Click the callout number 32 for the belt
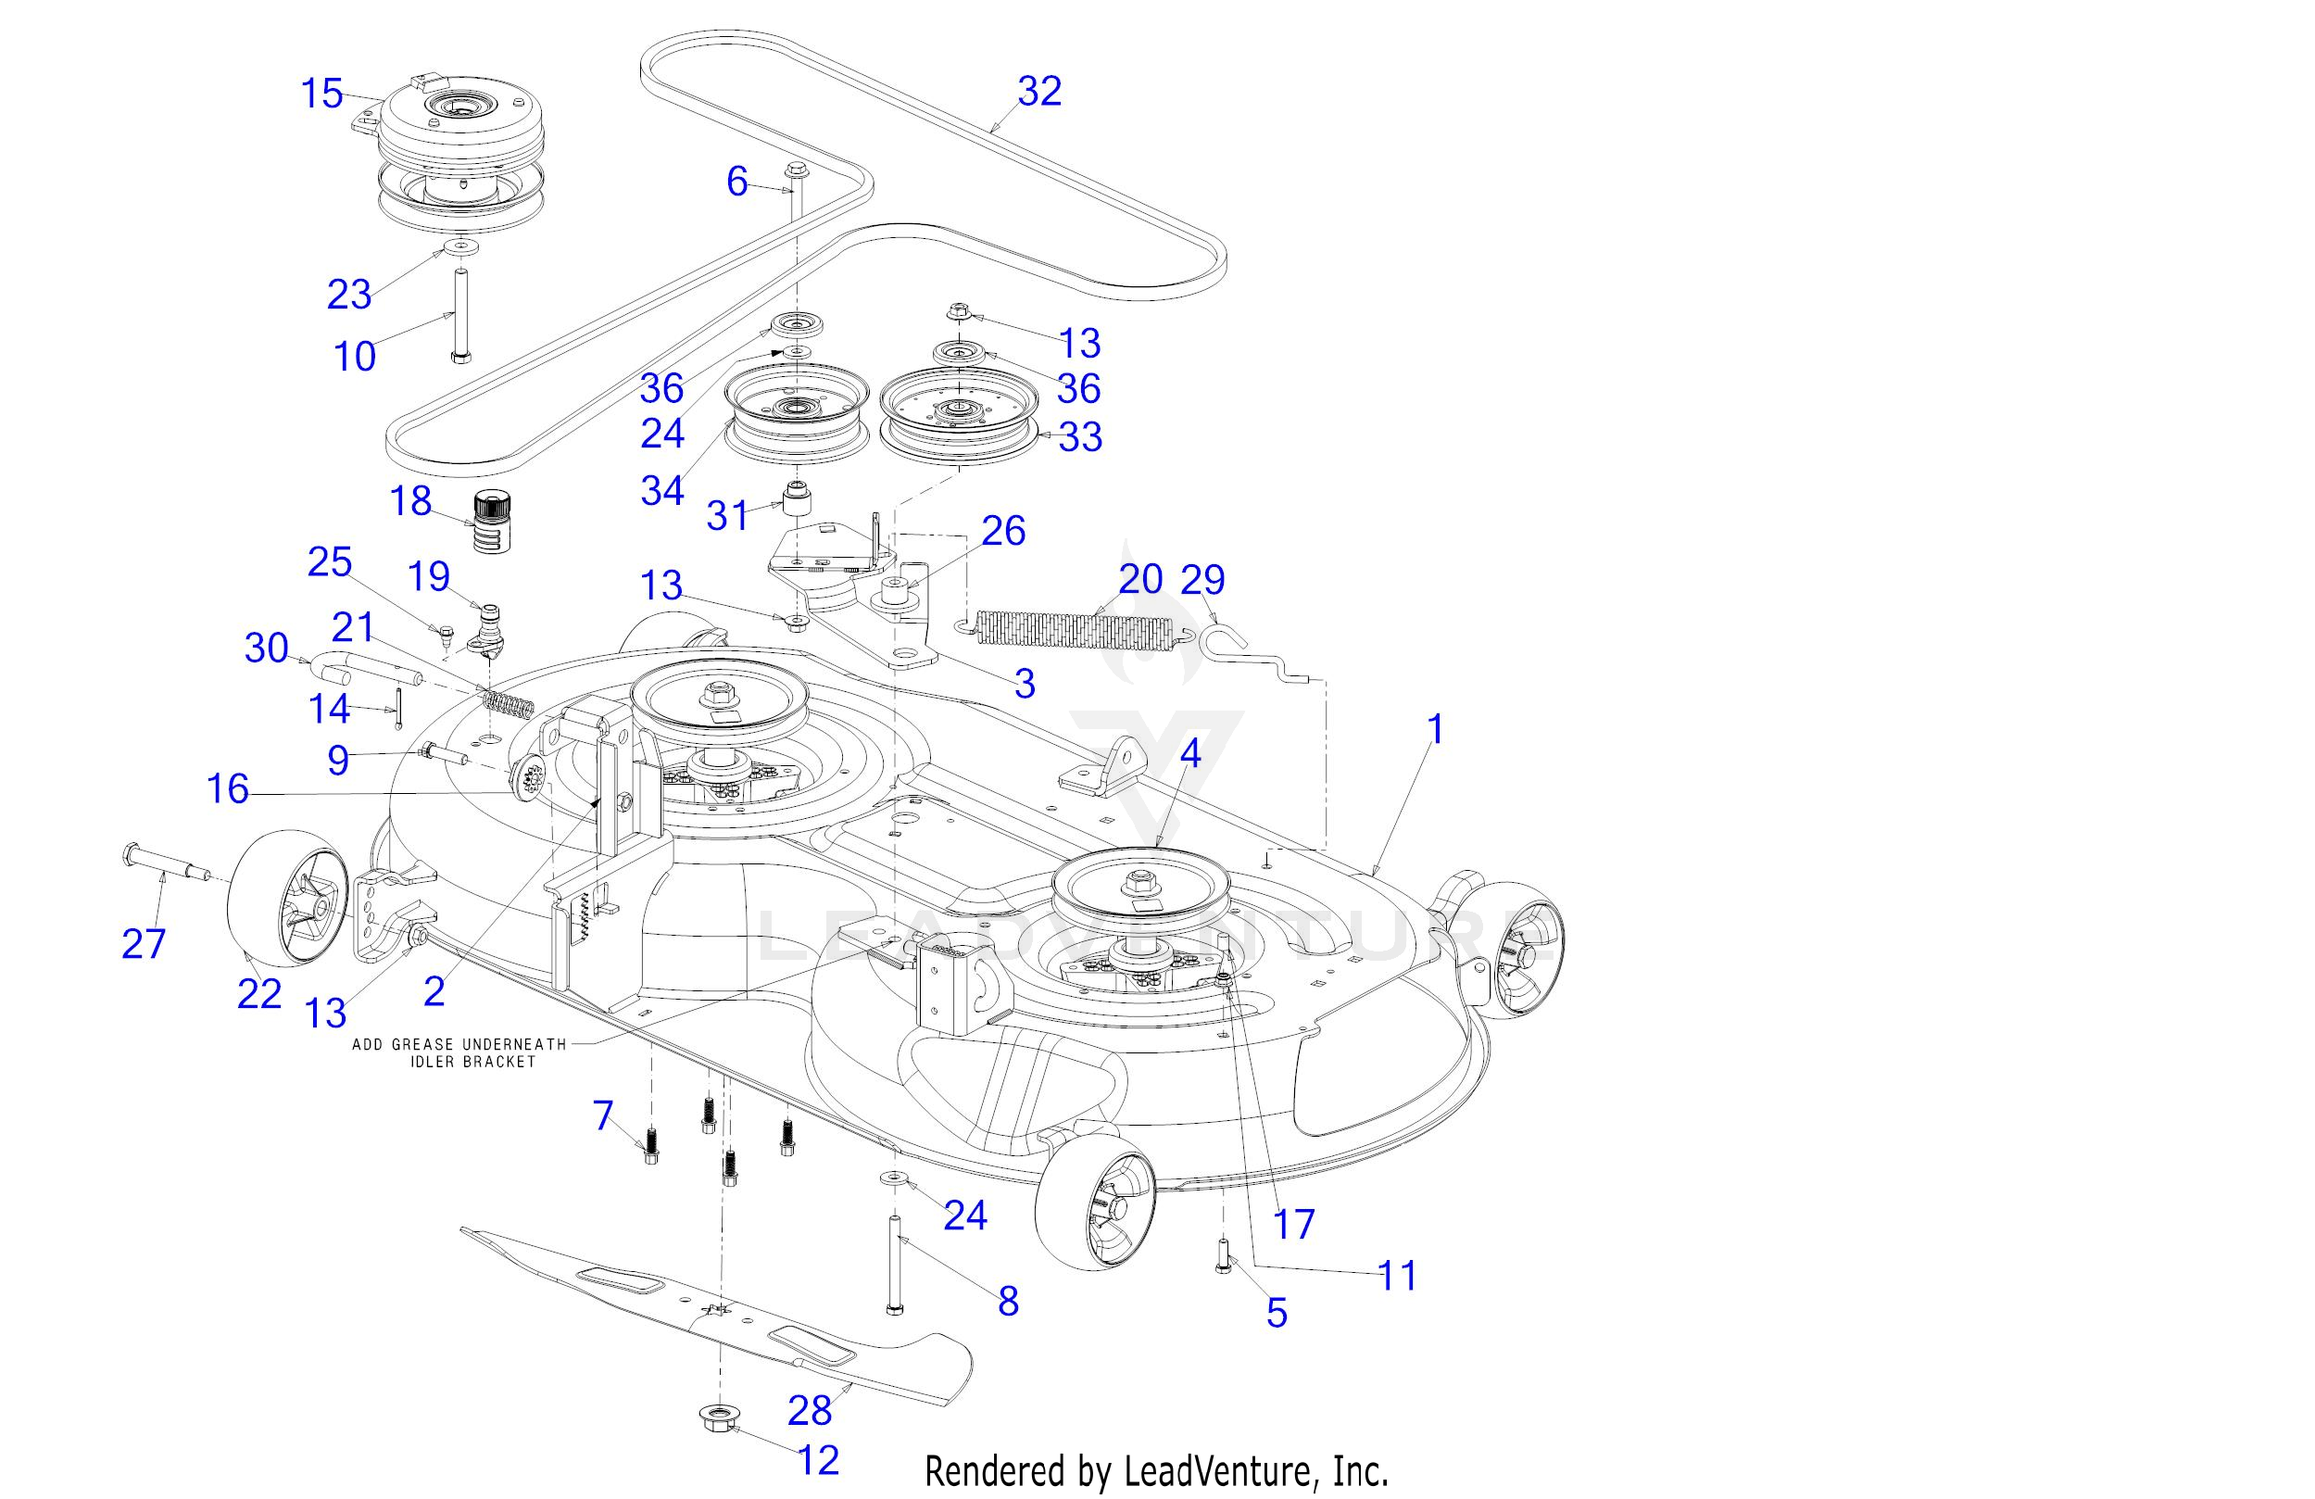point(1038,92)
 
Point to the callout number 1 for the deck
point(1435,729)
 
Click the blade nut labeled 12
point(718,1419)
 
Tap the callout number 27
point(143,943)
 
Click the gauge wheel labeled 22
point(287,900)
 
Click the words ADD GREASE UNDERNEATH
point(459,1044)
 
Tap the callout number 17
point(1293,1224)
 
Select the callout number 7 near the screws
point(603,1115)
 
